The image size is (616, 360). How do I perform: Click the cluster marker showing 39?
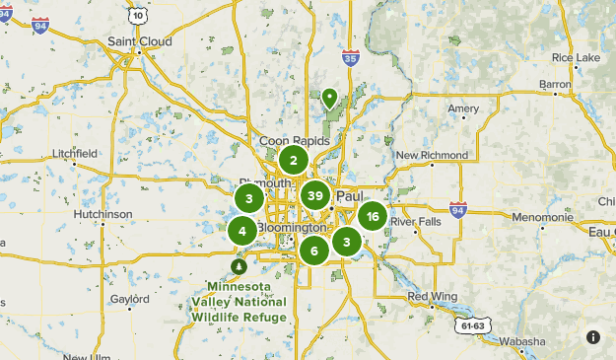(315, 195)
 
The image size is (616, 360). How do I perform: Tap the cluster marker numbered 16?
(372, 216)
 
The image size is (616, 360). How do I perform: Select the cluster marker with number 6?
(314, 251)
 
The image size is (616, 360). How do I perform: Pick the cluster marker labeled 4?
(242, 231)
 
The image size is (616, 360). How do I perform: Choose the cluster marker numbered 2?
(293, 160)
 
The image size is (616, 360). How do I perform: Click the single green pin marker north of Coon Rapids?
(329, 98)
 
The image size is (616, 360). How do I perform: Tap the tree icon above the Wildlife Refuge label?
(238, 266)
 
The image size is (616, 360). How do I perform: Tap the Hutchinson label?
(103, 214)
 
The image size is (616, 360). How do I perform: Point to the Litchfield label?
(75, 154)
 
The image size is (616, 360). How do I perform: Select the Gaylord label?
(129, 298)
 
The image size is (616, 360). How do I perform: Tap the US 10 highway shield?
(138, 16)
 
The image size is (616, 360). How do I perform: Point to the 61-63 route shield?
(472, 324)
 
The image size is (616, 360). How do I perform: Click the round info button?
(593, 337)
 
